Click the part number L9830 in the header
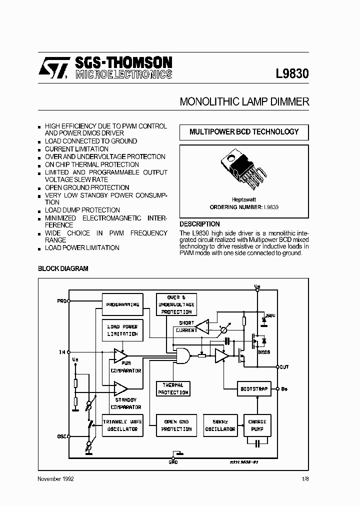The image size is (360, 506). [292, 74]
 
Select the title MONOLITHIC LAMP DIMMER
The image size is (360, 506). [244, 101]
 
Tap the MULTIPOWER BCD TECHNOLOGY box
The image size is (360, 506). [244, 132]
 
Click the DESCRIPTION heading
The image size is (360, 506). [199, 224]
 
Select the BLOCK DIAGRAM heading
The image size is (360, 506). [63, 268]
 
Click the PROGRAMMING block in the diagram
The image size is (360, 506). [122, 304]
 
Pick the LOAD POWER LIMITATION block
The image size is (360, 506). [122, 330]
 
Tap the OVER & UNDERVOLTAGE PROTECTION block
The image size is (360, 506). [176, 304]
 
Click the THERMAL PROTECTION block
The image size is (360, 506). [173, 389]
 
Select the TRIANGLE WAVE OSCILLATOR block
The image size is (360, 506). [122, 425]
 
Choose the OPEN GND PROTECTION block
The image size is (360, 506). [176, 425]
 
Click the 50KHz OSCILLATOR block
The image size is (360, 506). [220, 425]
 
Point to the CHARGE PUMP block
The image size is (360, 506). [257, 425]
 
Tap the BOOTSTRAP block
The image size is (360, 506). [254, 388]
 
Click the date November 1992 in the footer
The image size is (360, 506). [56, 479]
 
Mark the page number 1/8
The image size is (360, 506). [305, 479]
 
